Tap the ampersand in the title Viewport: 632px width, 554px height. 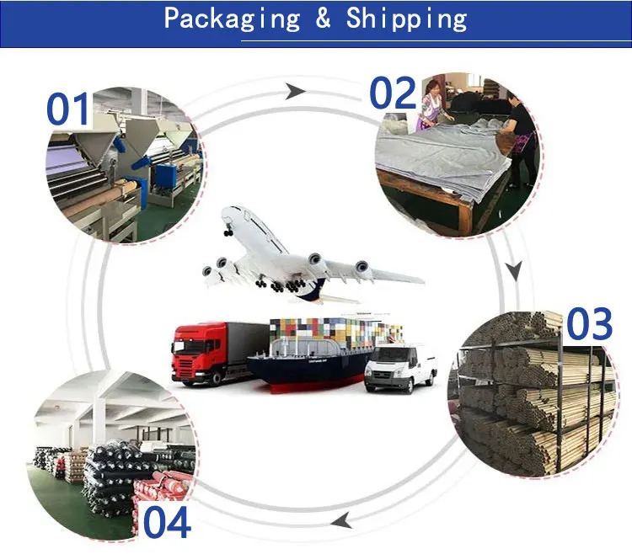324,19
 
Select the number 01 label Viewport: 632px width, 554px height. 69,110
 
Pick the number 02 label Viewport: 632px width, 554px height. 393,93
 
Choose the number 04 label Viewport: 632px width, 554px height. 166,523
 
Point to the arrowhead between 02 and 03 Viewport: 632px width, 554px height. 514,271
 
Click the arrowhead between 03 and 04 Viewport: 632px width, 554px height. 341,523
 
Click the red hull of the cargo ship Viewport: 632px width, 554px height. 312,380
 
